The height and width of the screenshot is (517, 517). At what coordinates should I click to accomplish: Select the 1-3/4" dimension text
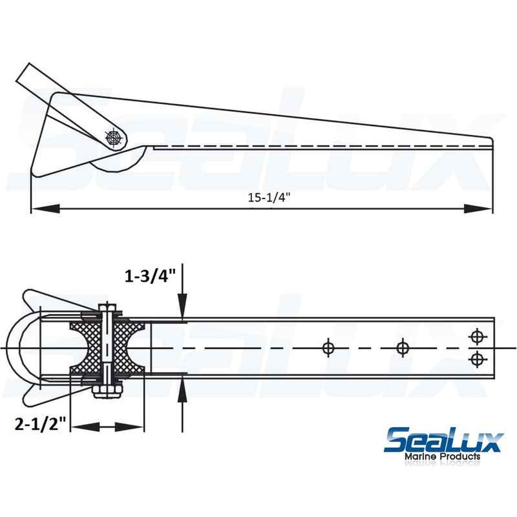click(151, 277)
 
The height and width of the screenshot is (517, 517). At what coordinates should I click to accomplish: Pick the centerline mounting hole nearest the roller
click(328, 348)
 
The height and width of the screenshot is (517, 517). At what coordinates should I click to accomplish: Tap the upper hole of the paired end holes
click(477, 336)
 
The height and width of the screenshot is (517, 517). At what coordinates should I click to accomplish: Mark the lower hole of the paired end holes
click(477, 359)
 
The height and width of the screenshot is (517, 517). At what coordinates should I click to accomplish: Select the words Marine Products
click(443, 458)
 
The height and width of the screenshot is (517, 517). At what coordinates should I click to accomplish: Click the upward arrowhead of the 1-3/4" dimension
click(184, 390)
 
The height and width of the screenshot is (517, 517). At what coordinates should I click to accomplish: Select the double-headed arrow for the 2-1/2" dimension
click(106, 427)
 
